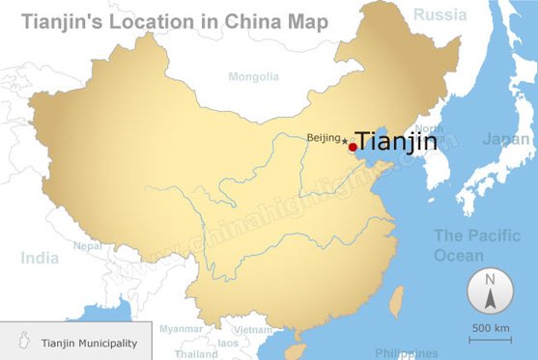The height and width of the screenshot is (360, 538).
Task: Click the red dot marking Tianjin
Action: (x=353, y=148)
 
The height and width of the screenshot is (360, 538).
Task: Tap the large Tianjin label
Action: (x=397, y=141)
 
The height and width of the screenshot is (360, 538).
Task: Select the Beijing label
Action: (x=324, y=138)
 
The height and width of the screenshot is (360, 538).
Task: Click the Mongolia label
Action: (x=254, y=76)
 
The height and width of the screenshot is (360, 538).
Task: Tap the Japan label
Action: (x=505, y=139)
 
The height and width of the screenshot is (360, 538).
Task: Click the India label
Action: (x=40, y=258)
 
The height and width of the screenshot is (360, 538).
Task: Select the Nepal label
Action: (x=87, y=245)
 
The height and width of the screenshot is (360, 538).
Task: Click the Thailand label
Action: (x=196, y=354)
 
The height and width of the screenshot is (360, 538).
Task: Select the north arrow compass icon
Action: (x=490, y=291)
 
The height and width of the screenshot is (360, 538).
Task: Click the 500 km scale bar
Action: (x=491, y=333)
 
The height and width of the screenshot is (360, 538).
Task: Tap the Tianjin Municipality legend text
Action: (x=89, y=343)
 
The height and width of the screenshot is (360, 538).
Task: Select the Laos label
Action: (x=228, y=343)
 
